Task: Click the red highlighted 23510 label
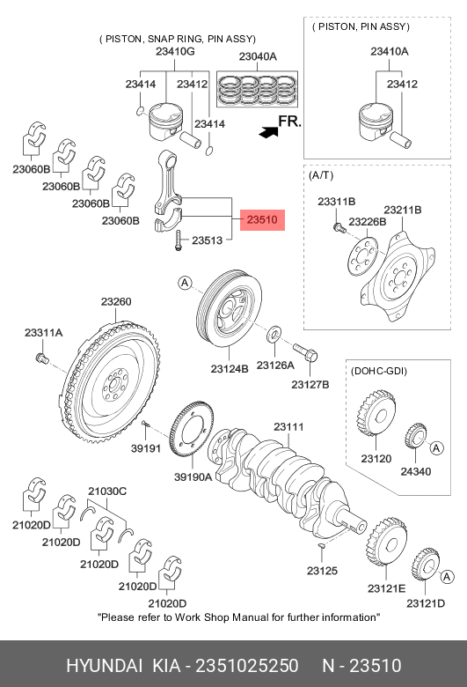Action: (262, 220)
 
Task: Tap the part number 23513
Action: (207, 240)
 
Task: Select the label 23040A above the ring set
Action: (258, 56)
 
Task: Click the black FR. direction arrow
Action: (268, 132)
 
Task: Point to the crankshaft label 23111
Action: (288, 427)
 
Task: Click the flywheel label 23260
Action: (116, 302)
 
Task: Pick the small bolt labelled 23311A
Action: (40, 357)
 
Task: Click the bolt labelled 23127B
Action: (305, 352)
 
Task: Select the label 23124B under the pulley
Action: (230, 369)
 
